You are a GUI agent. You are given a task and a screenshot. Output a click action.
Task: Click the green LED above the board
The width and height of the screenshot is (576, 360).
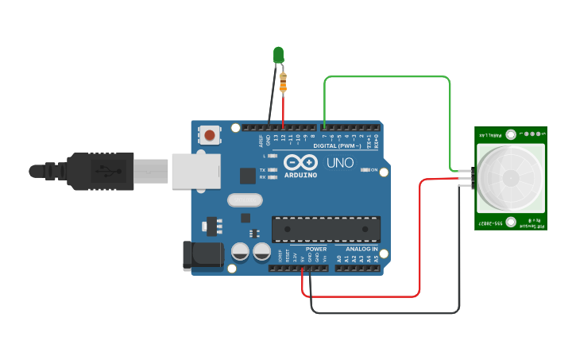point(278,54)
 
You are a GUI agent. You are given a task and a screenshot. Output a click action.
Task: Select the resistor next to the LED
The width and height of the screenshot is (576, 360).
point(284,81)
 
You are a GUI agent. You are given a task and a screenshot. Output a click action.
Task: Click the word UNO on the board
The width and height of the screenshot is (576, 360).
point(340,163)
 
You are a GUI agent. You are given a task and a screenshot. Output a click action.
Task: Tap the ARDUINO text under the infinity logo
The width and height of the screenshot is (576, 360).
point(300,175)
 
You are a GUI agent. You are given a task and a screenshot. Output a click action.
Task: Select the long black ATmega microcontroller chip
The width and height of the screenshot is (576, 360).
point(326,229)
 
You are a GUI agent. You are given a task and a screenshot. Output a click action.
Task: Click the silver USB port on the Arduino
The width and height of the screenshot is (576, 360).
point(195,171)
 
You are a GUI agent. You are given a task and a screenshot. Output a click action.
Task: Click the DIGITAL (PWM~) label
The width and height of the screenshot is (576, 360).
point(337,146)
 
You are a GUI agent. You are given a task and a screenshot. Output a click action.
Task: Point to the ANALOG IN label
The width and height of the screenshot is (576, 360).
point(361,249)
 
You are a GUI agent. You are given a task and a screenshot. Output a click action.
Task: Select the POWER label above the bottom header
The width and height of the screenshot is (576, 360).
point(316,249)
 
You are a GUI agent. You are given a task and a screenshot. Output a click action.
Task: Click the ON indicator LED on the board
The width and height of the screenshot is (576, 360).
point(365,170)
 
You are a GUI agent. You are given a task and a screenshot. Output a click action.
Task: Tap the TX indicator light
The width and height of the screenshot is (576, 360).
point(273,170)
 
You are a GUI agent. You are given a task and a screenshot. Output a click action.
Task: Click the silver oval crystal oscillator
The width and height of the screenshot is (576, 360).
point(244,200)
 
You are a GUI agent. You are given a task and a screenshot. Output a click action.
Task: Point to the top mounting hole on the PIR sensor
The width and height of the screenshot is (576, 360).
point(511,135)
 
